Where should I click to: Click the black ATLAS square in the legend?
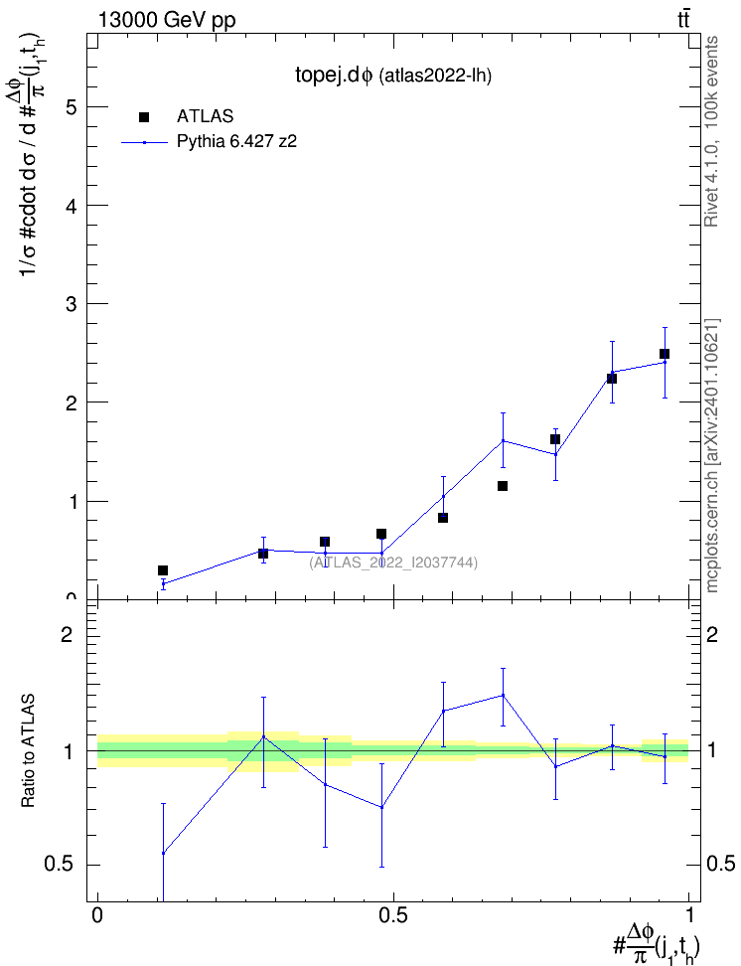(x=144, y=117)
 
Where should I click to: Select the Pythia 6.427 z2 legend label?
(x=236, y=141)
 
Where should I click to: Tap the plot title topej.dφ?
(x=334, y=76)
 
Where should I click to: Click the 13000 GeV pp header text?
(x=167, y=20)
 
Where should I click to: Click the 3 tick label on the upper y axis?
(x=71, y=304)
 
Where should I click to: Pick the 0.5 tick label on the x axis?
(x=393, y=915)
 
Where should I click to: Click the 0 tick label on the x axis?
(x=97, y=915)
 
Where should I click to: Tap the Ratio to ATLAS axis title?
(x=28, y=751)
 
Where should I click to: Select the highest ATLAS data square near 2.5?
(x=664, y=354)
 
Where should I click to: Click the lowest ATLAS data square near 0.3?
(x=163, y=570)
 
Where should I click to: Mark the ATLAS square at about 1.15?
(x=503, y=486)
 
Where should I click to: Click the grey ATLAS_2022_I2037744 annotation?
(x=393, y=562)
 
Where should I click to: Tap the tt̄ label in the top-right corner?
(x=683, y=20)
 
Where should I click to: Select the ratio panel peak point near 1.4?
(x=504, y=695)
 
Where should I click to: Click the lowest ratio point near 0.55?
(x=163, y=853)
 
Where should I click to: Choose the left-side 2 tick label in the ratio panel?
(x=67, y=634)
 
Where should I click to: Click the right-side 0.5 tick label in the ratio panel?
(x=720, y=864)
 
